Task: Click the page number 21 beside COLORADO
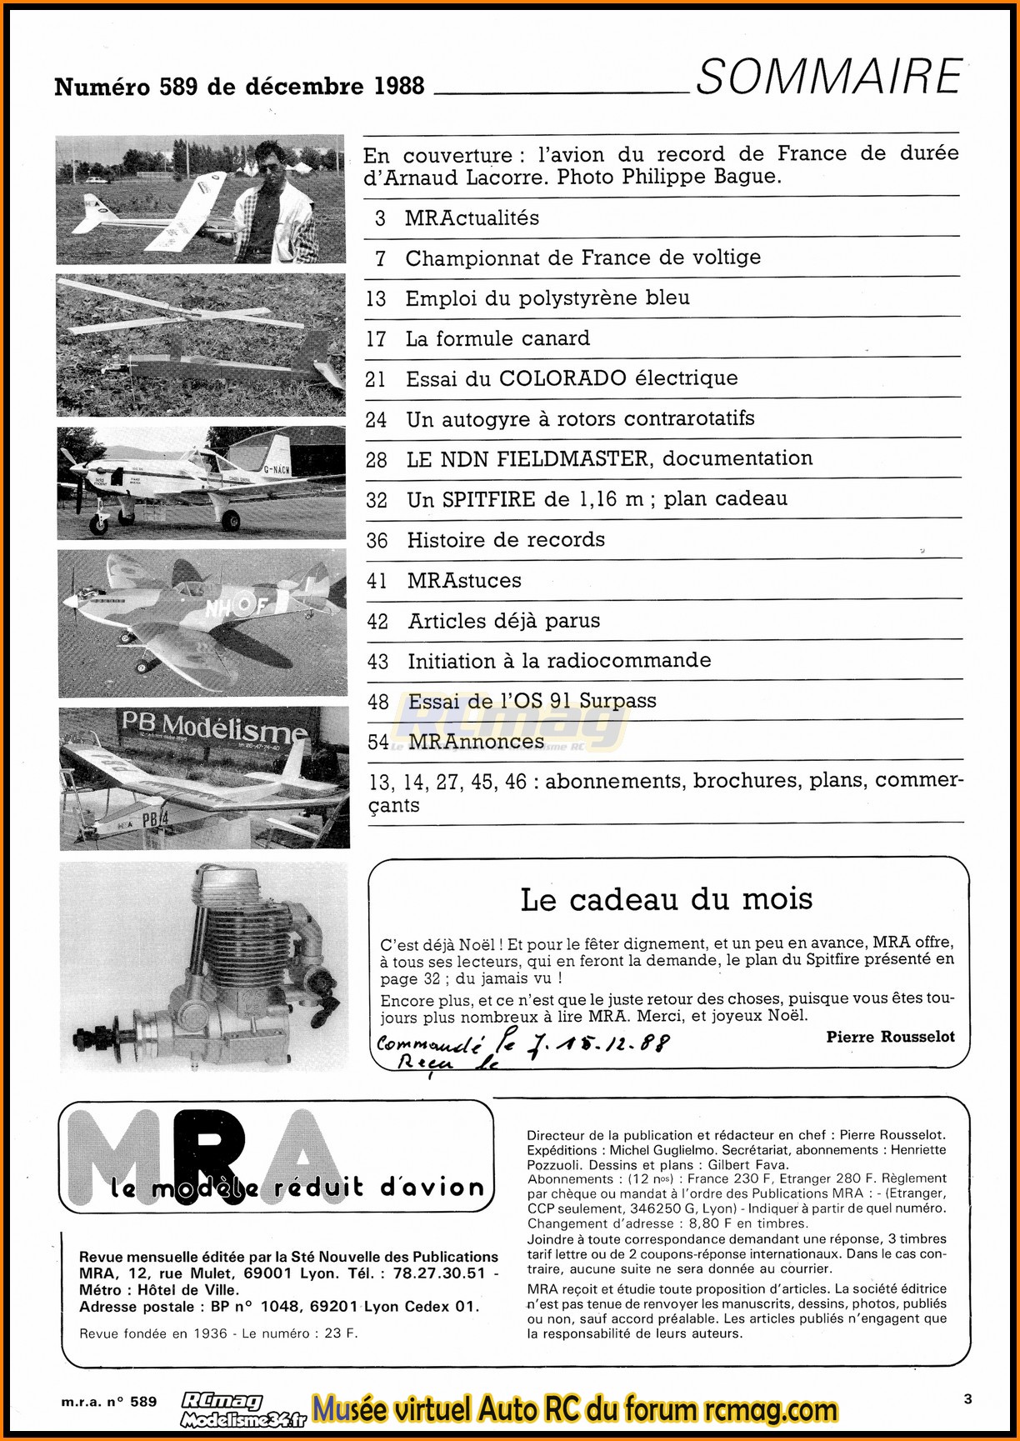tap(376, 379)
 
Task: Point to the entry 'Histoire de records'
tap(505, 540)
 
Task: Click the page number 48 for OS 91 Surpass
tap(378, 702)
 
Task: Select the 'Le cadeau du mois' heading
tap(666, 899)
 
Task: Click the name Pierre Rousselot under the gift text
tap(890, 1037)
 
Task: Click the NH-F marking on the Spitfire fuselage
tap(237, 607)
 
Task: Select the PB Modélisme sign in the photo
tap(214, 727)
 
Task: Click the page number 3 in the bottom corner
tap(967, 1399)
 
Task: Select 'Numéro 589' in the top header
tap(126, 87)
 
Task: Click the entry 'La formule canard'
tap(497, 338)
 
